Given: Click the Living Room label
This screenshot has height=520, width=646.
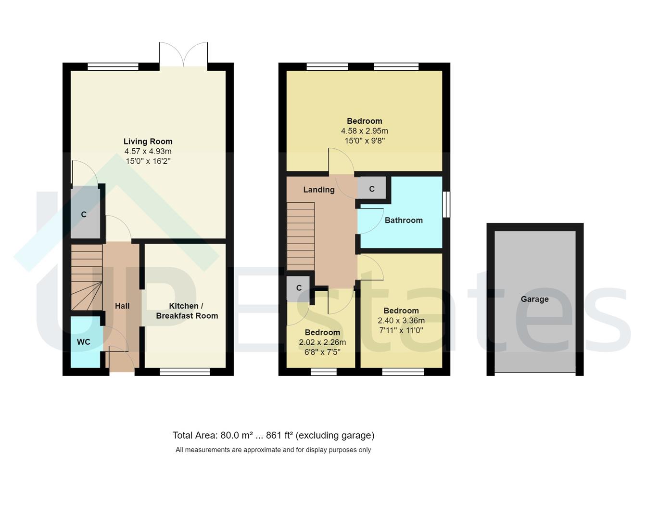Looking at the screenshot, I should pyautogui.click(x=148, y=141).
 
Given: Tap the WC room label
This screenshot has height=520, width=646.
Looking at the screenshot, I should pyautogui.click(x=84, y=342).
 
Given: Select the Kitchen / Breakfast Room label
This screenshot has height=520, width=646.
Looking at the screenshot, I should pyautogui.click(x=187, y=311).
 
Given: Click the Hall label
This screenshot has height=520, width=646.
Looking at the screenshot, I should pyautogui.click(x=122, y=306).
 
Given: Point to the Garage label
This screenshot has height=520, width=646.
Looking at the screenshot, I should pyautogui.click(x=534, y=299).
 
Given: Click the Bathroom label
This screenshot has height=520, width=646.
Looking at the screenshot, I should pyautogui.click(x=404, y=220).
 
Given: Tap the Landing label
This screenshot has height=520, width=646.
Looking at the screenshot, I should pyautogui.click(x=319, y=190).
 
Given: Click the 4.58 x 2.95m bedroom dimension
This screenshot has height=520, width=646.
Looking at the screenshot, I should pyautogui.click(x=365, y=131).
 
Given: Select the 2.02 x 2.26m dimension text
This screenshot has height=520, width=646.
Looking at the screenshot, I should pyautogui.click(x=322, y=342).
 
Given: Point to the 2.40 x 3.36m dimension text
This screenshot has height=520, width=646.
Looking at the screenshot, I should pyautogui.click(x=401, y=321).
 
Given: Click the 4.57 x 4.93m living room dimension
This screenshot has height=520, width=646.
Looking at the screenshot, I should pyautogui.click(x=148, y=151).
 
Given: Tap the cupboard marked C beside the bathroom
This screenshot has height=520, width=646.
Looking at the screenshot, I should pyautogui.click(x=371, y=189).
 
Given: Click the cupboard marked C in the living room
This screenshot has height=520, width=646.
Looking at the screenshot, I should pyautogui.click(x=84, y=214).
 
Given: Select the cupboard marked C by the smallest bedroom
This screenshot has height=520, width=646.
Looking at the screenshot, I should pyautogui.click(x=299, y=288).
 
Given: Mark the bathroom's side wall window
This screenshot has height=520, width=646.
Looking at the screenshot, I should pyautogui.click(x=446, y=205).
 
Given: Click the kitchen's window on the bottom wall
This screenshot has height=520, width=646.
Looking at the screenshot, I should pyautogui.click(x=185, y=371).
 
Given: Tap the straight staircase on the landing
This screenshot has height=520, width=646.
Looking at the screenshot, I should pyautogui.click(x=301, y=236).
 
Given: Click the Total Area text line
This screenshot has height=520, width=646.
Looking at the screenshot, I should pyautogui.click(x=273, y=435).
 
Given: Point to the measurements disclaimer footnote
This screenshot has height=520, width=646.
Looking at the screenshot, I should pyautogui.click(x=273, y=450).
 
